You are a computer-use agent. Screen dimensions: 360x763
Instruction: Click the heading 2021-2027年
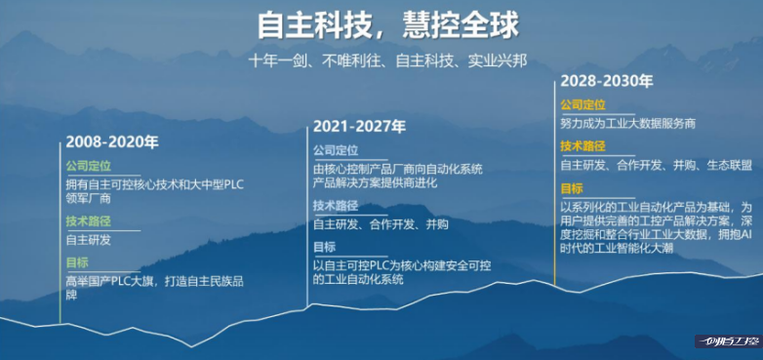pos(359,127)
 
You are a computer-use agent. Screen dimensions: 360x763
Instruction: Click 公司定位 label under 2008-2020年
pos(89,166)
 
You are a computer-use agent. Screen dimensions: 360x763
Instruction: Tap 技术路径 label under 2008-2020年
pos(89,220)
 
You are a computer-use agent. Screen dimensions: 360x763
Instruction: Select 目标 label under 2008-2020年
pos(77,262)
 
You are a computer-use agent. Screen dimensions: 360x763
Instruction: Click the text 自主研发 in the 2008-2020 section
pos(89,239)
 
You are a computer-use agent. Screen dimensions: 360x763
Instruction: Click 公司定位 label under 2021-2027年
pos(336,150)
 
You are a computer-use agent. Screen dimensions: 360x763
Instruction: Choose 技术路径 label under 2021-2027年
pos(336,205)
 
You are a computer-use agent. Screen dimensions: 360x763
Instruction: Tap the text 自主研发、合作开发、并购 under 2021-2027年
pos(381,223)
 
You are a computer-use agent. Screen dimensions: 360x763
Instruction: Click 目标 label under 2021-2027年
pos(324,247)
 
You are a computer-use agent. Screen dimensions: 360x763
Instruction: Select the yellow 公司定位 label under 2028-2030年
pos(582,104)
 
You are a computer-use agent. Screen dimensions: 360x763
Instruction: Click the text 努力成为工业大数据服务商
pos(627,124)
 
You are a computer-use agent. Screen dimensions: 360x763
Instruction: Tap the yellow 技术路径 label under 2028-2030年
pos(582,146)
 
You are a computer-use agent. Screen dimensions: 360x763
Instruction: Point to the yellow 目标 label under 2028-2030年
pos(572,188)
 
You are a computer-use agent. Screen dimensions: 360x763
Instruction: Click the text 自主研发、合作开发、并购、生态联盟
pos(656,165)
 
